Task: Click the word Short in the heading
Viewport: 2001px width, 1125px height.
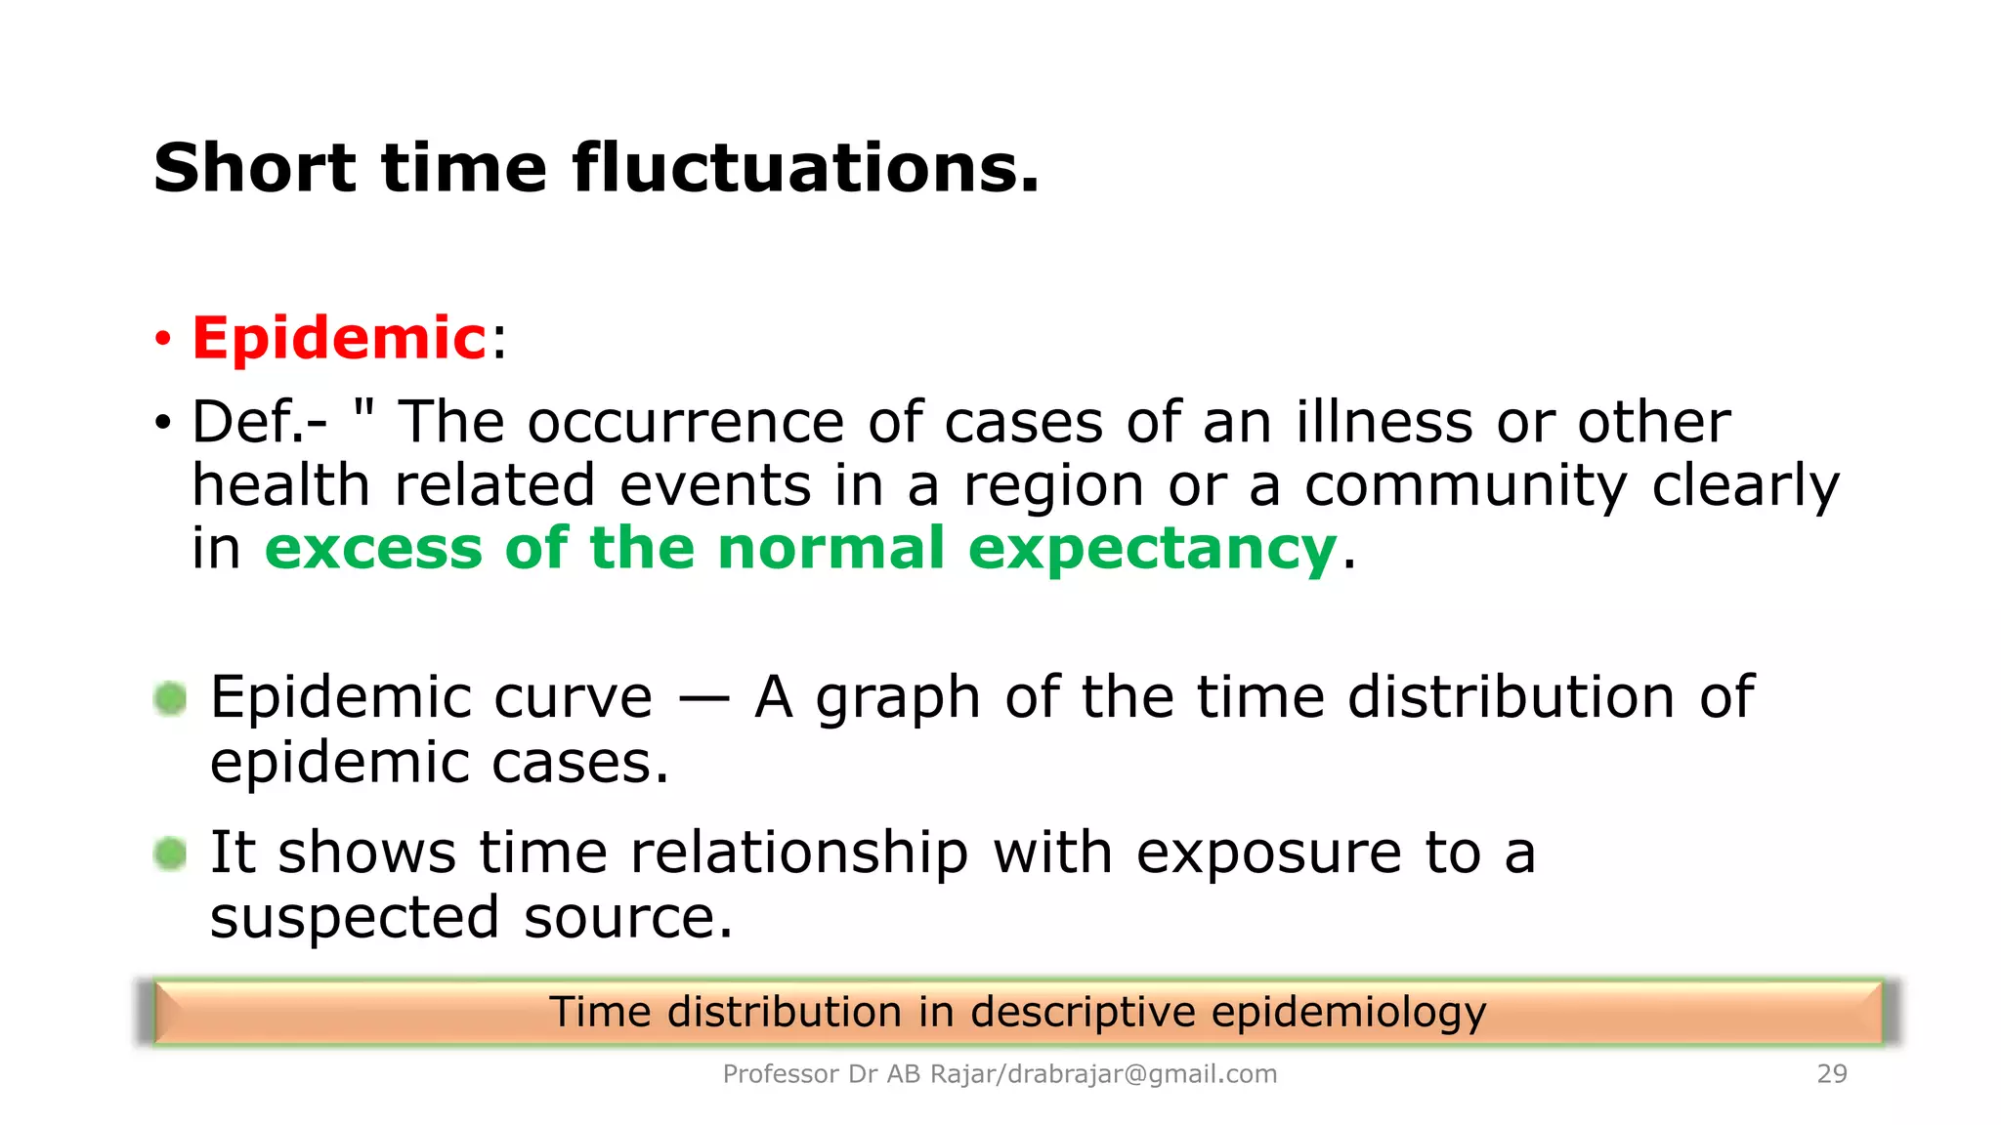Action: coord(254,168)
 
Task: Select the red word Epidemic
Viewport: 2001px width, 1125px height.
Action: coord(339,339)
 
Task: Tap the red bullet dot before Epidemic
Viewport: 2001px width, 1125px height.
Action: coord(162,340)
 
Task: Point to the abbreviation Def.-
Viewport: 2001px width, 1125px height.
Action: coord(260,423)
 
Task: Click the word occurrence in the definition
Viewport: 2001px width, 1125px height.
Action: coord(685,423)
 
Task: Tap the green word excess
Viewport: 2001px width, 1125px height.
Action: coord(373,549)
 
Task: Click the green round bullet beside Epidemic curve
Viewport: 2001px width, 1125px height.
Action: coord(170,698)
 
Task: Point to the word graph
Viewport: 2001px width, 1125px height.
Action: coord(898,699)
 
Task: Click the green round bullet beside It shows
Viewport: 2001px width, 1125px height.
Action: coord(170,854)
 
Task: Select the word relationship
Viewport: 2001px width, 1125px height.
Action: coord(799,853)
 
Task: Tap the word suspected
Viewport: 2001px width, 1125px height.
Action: coord(355,918)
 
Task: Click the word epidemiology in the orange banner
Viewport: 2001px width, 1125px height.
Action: coord(1348,1013)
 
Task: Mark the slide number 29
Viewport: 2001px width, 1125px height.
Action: coord(1832,1074)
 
